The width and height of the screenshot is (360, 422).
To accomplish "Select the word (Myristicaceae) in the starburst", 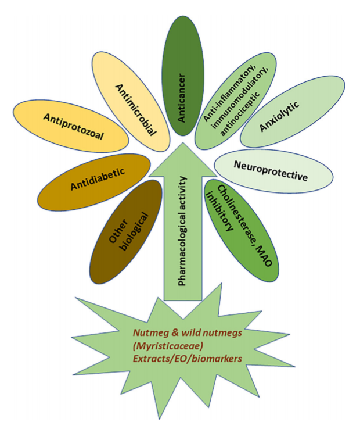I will [x=163, y=348].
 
